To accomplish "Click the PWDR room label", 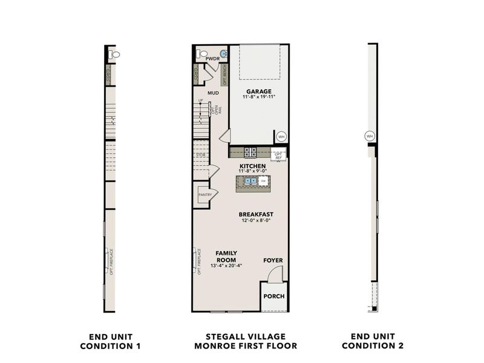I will pos(213,59).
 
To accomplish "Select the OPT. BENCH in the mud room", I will pos(224,75).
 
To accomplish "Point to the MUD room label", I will pos(213,93).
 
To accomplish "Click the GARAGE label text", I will pos(258,91).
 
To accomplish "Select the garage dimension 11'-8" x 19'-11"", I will pos(258,97).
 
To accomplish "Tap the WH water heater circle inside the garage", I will pos(281,136).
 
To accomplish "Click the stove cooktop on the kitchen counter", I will pos(250,150).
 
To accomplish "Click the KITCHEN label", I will pos(252,165).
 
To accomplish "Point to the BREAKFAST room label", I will pos(256,214).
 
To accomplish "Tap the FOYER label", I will pos(273,261).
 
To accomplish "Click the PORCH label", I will pos(274,296).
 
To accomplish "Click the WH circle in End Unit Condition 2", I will pos(370,136).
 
